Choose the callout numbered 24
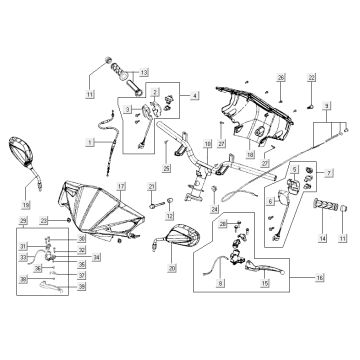pos(214,208)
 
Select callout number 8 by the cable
pos(222,285)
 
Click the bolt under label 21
pos(152,203)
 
